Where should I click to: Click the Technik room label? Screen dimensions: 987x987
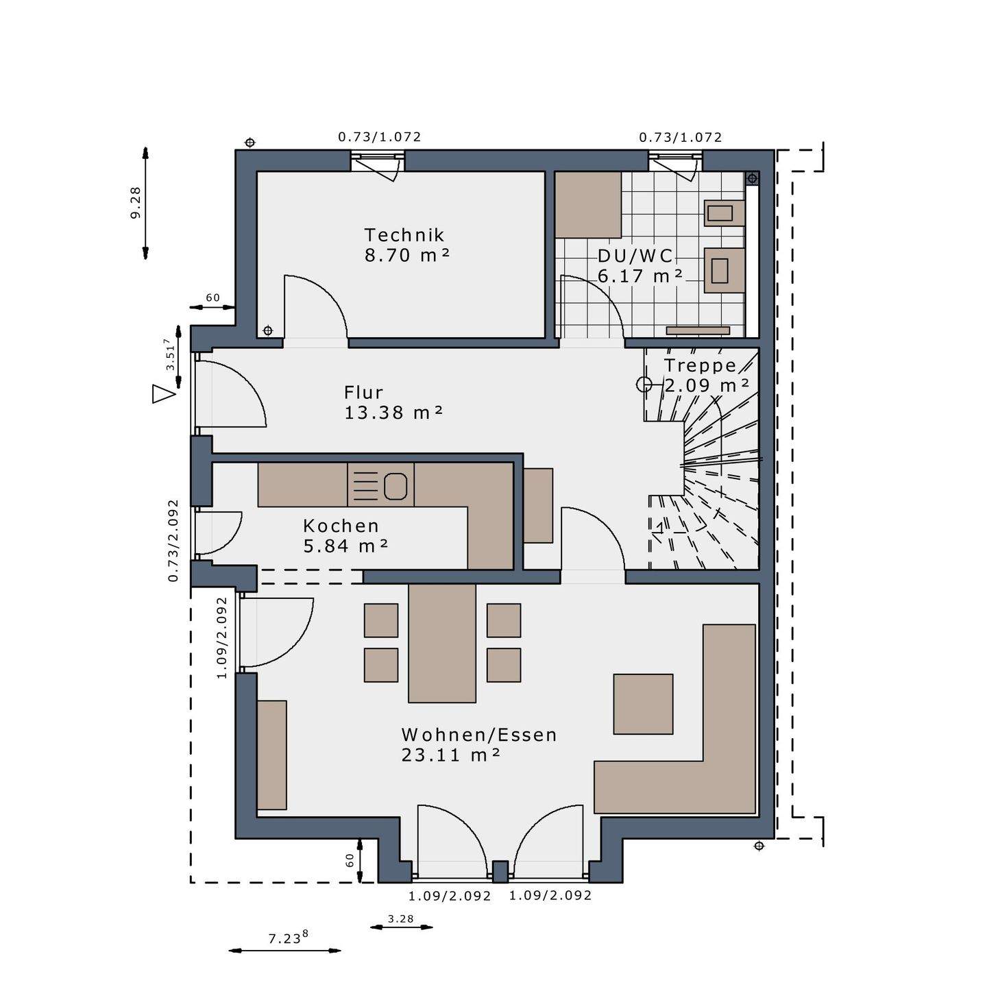404,235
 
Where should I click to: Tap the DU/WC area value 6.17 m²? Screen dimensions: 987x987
639,276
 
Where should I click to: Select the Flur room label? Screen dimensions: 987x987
363,393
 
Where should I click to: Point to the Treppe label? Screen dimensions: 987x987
700,366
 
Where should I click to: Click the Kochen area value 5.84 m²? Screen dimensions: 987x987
345,546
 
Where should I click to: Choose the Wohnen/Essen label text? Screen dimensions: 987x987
479,735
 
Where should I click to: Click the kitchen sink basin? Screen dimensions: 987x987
395,486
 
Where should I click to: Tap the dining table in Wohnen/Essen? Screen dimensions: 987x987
441,644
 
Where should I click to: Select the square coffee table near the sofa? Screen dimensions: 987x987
643,705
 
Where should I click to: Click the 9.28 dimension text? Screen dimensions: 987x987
135,203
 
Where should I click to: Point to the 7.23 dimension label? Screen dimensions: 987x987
288,938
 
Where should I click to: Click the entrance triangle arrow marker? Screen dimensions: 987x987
163,393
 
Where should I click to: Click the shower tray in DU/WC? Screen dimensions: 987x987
589,205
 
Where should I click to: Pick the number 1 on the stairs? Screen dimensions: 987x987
659,528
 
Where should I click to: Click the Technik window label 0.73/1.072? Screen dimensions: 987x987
380,137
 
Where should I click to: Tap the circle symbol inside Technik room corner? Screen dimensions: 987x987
267,330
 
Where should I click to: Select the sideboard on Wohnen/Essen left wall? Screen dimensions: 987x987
271,755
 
